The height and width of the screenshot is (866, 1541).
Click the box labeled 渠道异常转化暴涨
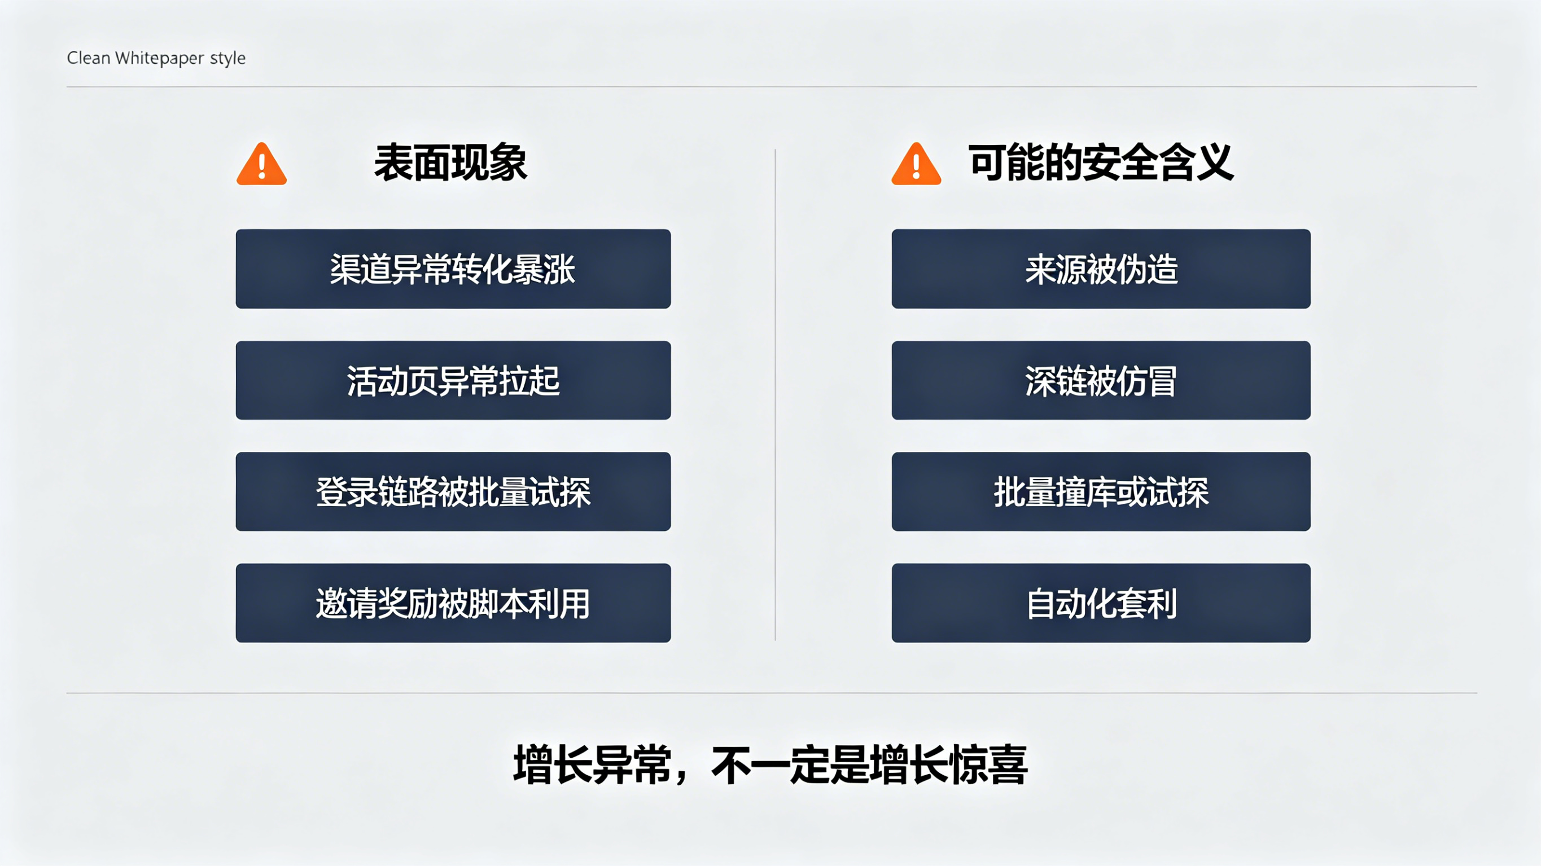point(453,269)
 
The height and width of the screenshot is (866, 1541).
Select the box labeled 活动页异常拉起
point(453,380)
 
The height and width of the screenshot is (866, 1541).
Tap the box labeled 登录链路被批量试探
point(453,491)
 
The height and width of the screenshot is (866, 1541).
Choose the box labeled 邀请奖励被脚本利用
point(453,603)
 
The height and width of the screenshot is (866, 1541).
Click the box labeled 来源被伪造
point(1101,269)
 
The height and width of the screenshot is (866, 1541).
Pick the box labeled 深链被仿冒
point(1101,380)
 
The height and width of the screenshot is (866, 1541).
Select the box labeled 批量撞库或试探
point(1101,491)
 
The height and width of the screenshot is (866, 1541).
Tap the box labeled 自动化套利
point(1101,603)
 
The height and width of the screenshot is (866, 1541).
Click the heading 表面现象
point(450,162)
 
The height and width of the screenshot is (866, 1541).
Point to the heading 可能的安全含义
point(1101,162)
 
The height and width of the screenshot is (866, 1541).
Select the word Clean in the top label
point(89,58)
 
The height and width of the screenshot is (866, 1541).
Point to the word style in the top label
point(228,59)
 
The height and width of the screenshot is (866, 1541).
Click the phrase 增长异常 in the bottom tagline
point(592,765)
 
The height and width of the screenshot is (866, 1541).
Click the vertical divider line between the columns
point(775,395)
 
